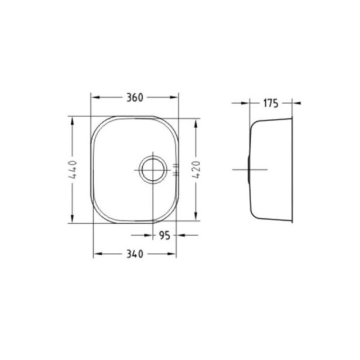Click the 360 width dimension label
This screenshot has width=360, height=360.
coord(134,98)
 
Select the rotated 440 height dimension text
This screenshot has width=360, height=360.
coord(73,170)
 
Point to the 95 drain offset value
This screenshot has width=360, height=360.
coord(164,236)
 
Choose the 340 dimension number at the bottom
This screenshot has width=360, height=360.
coord(135,254)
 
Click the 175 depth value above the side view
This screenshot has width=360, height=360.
coord(270,104)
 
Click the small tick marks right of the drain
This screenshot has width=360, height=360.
coord(176,170)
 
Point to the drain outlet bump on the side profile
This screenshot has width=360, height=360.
coord(251,170)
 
